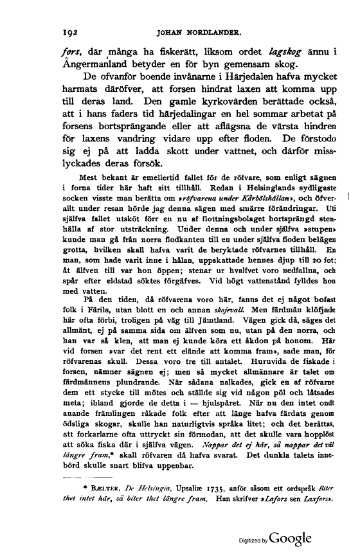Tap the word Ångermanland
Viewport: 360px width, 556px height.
103,65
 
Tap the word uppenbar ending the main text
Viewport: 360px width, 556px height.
171,465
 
